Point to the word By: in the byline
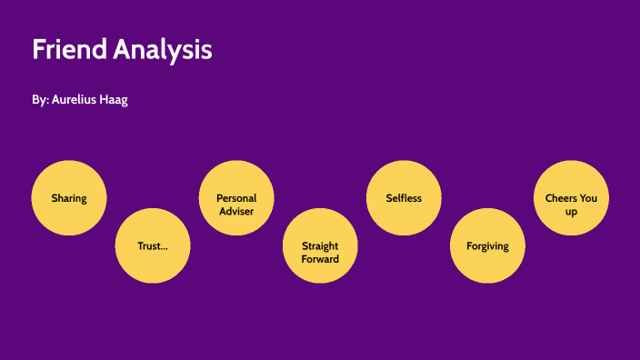click(40, 100)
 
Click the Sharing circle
click(69, 198)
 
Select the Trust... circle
click(152, 245)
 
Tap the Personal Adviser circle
click(236, 198)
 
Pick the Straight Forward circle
click(320, 245)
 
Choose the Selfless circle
click(404, 198)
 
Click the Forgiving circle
click(487, 245)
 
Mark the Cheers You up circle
click(571, 198)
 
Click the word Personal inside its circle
click(236, 198)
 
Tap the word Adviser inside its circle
click(236, 211)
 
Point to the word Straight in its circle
click(320, 245)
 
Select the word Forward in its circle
click(320, 259)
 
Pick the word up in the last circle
click(571, 211)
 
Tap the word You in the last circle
click(588, 198)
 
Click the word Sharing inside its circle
click(69, 198)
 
